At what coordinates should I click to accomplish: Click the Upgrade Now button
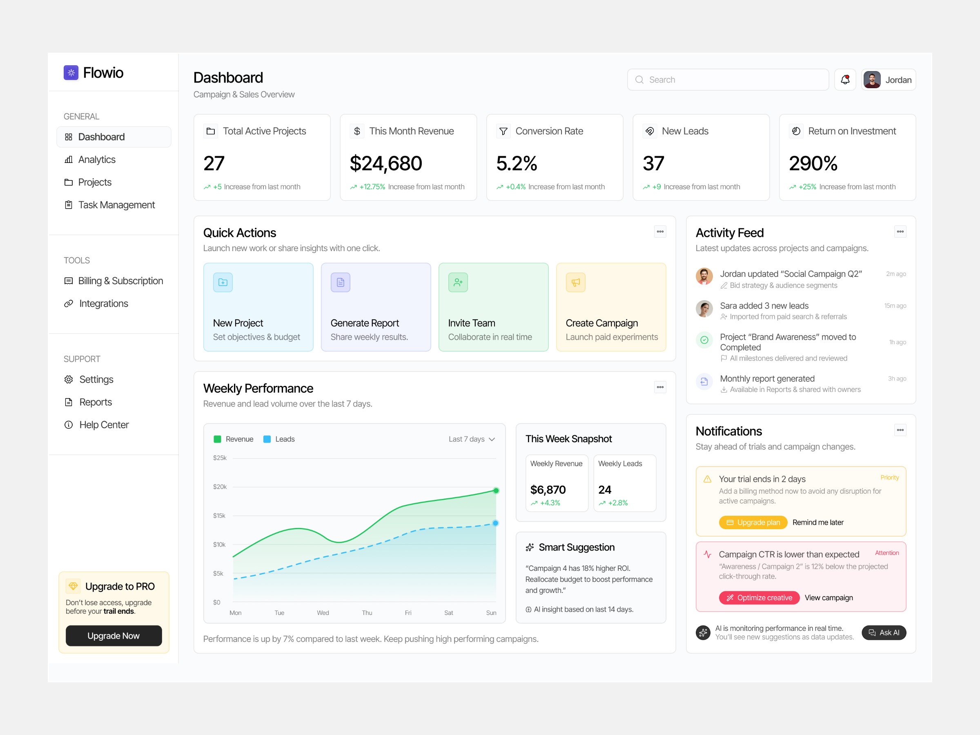(x=114, y=635)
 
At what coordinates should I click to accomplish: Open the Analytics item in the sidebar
(x=97, y=160)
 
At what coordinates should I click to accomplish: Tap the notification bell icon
(x=845, y=80)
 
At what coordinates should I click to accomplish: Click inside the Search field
(x=728, y=80)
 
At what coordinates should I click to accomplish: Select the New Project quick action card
(x=258, y=307)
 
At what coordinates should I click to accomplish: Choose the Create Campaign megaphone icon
(x=575, y=282)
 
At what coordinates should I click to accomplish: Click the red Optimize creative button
(x=759, y=598)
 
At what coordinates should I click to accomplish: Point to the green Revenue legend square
(x=218, y=439)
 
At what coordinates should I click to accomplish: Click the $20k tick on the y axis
(x=220, y=486)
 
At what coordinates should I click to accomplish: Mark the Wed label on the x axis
(x=323, y=613)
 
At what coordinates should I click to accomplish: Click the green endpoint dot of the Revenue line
(x=496, y=490)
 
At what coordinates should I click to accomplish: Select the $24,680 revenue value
(x=386, y=163)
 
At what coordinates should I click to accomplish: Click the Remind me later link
(x=818, y=522)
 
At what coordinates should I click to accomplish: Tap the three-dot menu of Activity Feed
(x=900, y=232)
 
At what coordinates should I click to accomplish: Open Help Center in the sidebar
(x=104, y=425)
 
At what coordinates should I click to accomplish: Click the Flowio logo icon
(x=71, y=73)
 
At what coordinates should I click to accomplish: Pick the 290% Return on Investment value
(x=813, y=163)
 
